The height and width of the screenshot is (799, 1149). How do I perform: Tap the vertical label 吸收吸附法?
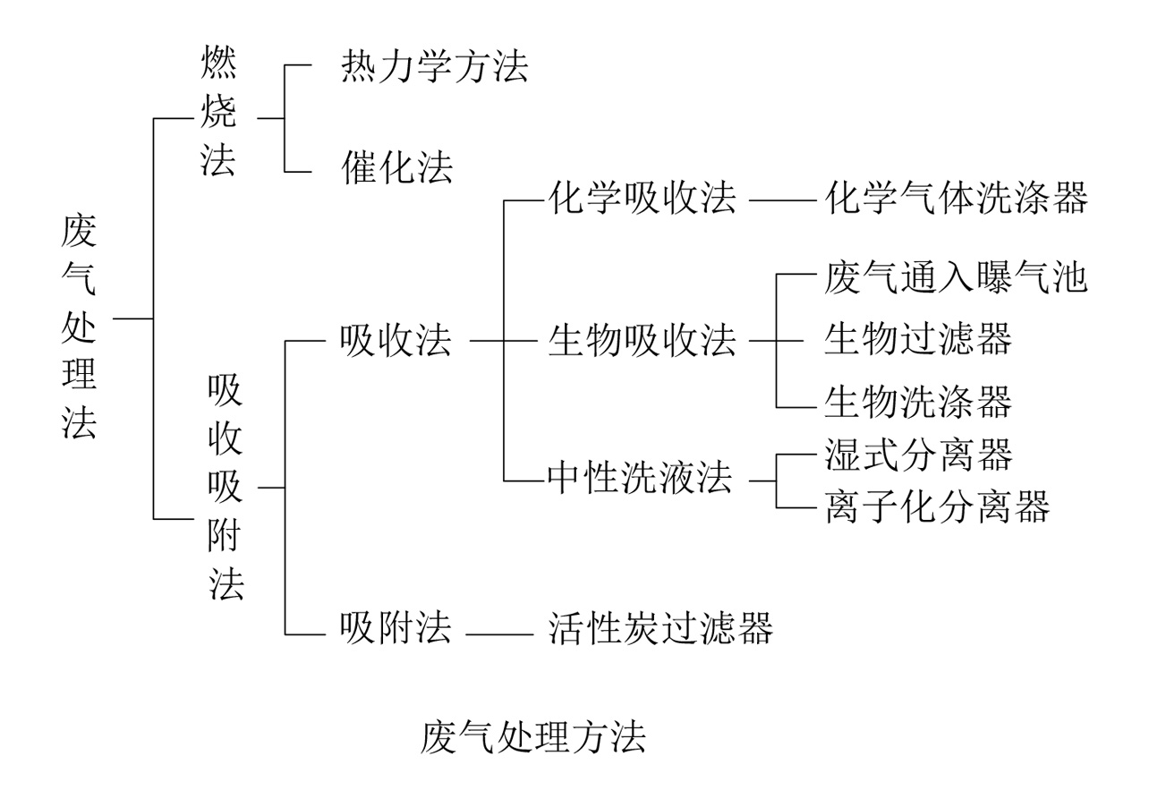pos(225,487)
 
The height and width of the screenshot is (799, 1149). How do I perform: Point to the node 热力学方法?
pos(434,68)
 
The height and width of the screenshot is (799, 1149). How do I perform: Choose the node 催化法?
pos(396,167)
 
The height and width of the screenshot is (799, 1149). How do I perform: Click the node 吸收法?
pos(396,341)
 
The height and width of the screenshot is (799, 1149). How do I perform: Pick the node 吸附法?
pos(396,629)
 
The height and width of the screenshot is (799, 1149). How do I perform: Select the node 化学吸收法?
pos(642,200)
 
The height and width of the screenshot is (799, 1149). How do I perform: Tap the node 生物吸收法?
pos(642,341)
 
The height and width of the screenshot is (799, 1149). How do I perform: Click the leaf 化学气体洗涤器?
pos(956,200)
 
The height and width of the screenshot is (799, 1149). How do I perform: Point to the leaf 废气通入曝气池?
pos(956,278)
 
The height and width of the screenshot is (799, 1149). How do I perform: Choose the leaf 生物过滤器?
pos(918,341)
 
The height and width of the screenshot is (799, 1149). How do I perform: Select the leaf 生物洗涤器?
pos(918,402)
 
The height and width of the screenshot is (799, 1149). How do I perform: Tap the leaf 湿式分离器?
pos(918,455)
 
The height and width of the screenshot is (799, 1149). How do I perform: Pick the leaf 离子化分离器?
pos(936,508)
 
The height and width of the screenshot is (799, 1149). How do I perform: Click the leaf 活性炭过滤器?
pos(660,629)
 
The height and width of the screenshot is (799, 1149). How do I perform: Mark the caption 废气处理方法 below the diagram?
pos(532,739)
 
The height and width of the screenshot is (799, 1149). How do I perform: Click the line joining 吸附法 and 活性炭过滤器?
pos(498,634)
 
